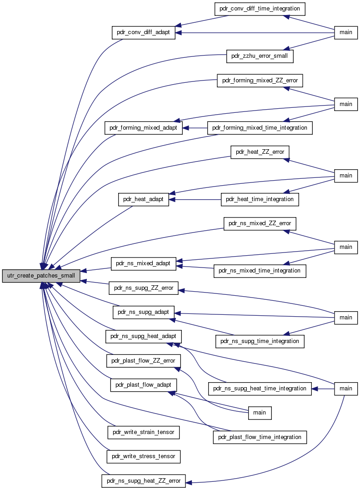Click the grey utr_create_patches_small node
pos(41,276)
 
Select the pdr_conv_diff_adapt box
pos(143,32)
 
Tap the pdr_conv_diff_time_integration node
pos(260,9)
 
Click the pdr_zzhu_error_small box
pos(260,56)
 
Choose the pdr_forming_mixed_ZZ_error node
pos(260,81)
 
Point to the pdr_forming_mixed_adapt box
pos(143,128)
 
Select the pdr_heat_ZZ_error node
pos(260,152)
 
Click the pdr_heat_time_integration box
pos(260,199)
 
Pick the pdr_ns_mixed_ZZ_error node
pos(260,224)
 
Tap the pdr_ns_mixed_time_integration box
pos(260,271)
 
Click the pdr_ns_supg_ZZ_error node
pos(144,288)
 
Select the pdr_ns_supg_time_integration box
pos(260,341)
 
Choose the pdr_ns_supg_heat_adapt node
pos(143,337)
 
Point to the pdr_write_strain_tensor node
pos(144,433)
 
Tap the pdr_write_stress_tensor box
pos(144,457)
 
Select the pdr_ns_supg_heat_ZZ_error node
pos(144,481)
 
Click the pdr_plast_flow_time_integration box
pos(260,437)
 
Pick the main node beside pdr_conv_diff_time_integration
pos(346,32)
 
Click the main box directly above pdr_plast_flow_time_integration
pos(260,413)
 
